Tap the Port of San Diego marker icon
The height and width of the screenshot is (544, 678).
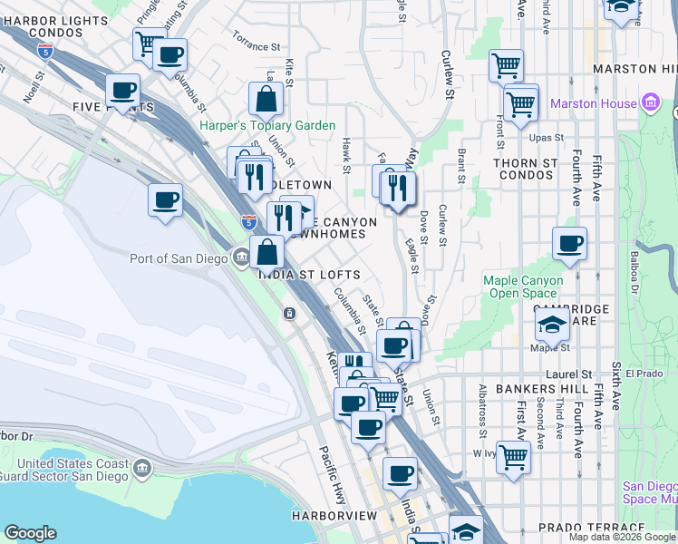[241, 258]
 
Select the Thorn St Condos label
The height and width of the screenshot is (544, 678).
[524, 169]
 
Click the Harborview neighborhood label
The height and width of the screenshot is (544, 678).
[334, 516]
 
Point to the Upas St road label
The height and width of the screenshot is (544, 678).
[546, 138]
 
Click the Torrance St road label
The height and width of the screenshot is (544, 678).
[256, 45]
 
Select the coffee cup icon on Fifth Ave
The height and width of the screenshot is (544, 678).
[569, 245]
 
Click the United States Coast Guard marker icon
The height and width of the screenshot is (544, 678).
[142, 468]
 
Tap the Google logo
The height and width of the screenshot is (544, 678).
[30, 533]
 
